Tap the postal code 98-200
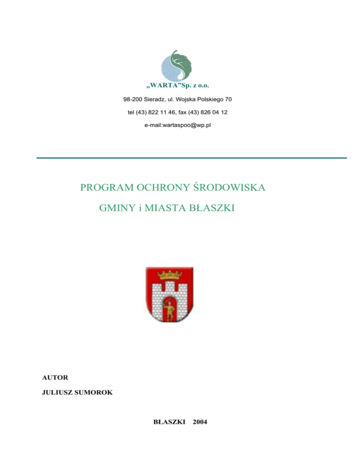pyautogui.click(x=132, y=100)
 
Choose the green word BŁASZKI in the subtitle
pyautogui.click(x=211, y=208)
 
